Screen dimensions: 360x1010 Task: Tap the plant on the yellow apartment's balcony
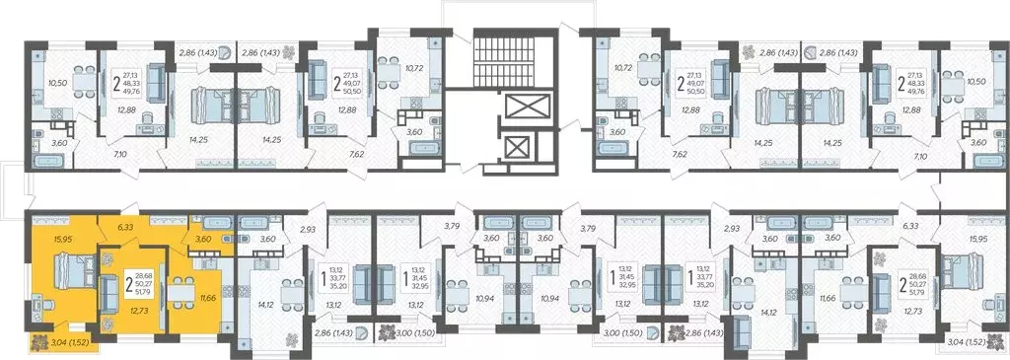pyautogui.click(x=40, y=342)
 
